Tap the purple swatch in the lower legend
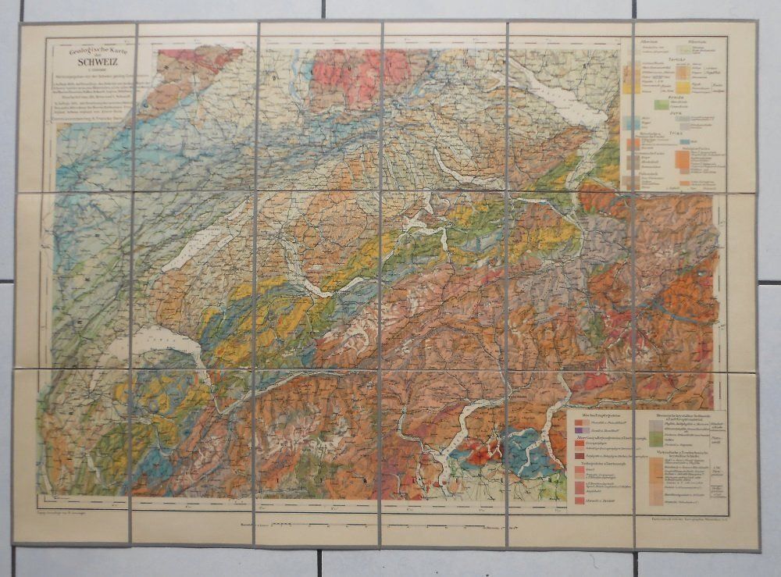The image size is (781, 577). click(x=579, y=430)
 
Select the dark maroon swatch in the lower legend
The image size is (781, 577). click(x=580, y=456)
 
